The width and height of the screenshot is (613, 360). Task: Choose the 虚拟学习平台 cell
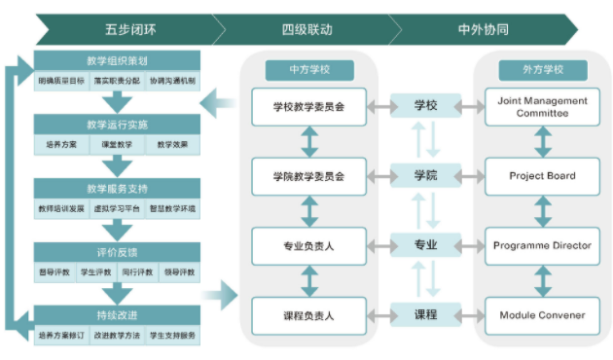[117, 208]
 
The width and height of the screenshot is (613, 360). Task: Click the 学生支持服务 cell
[172, 336]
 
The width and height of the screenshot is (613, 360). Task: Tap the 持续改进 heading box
[117, 315]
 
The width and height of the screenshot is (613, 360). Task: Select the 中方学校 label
[308, 70]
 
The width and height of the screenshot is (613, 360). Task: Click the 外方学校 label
[543, 70]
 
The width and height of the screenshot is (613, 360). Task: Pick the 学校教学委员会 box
[309, 106]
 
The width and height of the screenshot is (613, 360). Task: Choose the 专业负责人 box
[309, 245]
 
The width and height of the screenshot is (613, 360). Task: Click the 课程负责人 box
[309, 315]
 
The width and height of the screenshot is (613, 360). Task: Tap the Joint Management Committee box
[542, 106]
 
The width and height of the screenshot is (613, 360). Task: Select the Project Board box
[542, 176]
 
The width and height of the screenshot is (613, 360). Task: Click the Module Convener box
[542, 315]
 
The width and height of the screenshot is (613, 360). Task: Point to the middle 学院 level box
[425, 176]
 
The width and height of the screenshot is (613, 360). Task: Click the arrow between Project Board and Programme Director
[542, 210]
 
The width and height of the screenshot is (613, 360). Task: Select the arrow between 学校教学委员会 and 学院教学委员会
[309, 141]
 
